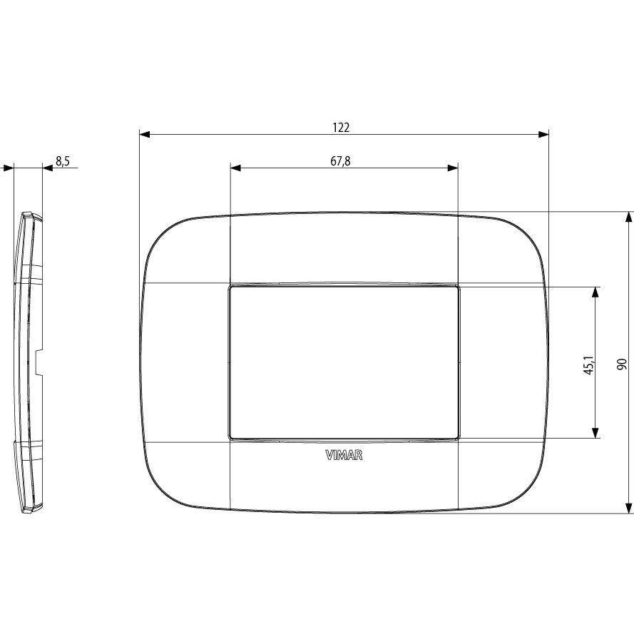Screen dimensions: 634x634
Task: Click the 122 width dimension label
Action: (341, 128)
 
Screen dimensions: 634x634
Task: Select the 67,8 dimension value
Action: (340, 161)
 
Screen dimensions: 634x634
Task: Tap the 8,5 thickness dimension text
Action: (63, 161)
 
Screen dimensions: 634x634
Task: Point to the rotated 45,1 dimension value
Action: (590, 365)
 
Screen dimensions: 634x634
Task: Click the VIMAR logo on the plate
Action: (344, 456)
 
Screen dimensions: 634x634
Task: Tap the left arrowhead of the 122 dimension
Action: (145, 135)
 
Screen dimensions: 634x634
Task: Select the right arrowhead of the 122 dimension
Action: (543, 135)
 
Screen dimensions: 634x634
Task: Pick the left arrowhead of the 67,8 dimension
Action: (236, 168)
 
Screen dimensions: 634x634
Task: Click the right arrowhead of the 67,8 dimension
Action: (452, 168)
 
